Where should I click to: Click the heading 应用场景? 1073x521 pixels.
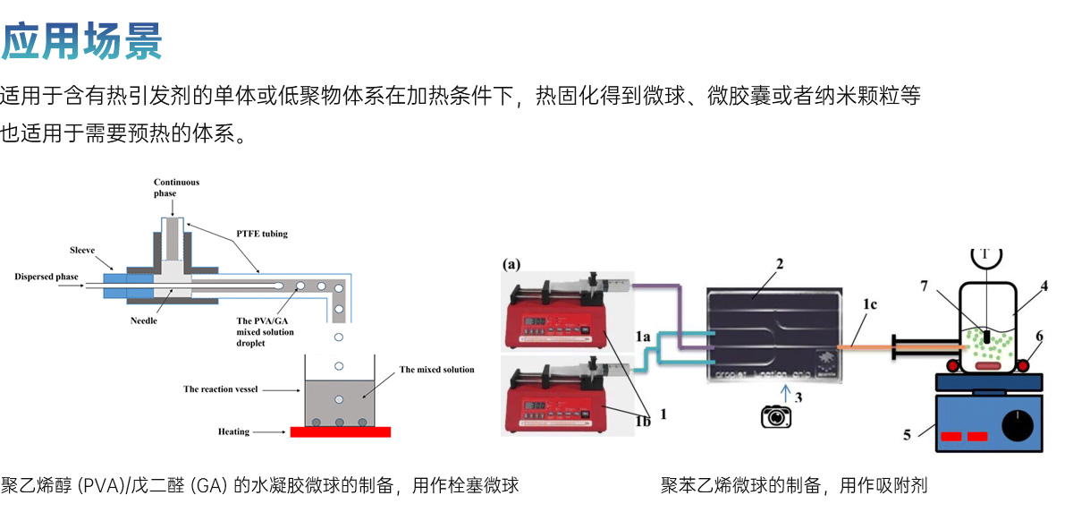(x=81, y=40)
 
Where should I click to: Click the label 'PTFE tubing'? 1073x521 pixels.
(x=263, y=235)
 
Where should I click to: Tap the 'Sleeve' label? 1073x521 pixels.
(x=82, y=250)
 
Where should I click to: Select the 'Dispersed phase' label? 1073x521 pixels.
(x=46, y=277)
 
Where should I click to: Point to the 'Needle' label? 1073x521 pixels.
(x=144, y=320)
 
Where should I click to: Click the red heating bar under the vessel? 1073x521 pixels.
(x=340, y=431)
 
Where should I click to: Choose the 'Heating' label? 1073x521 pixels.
(x=234, y=431)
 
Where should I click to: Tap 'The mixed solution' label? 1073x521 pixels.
(x=436, y=370)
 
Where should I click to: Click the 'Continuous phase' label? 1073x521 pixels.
(x=176, y=187)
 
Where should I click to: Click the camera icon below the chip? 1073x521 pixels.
(x=776, y=416)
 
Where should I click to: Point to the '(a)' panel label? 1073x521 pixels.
(x=511, y=264)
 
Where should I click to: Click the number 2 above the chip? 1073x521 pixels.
(x=780, y=265)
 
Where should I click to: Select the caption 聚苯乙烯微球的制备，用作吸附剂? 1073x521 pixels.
(x=794, y=486)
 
